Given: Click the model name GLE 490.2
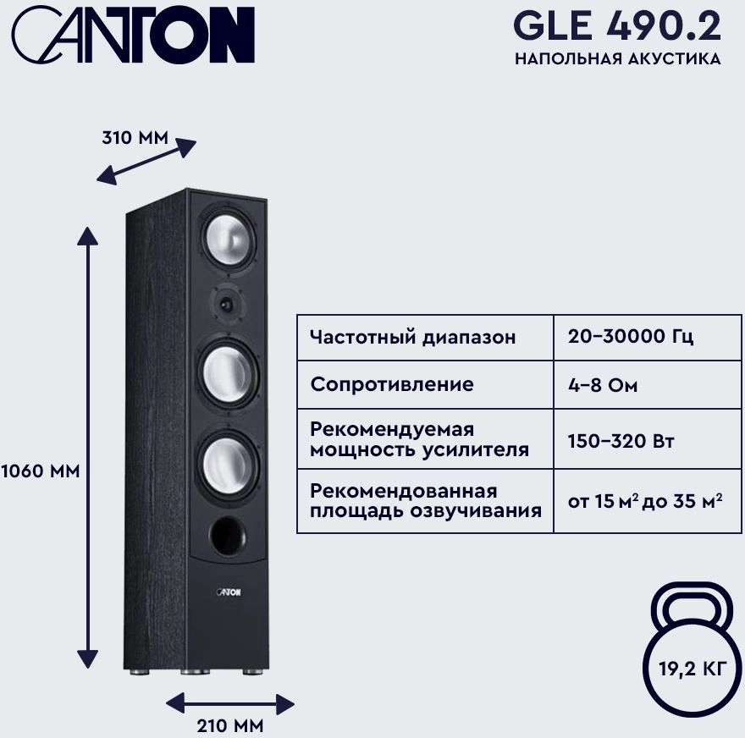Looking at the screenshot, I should pyautogui.click(x=617, y=28).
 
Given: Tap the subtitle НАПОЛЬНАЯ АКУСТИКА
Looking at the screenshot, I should pyautogui.click(x=617, y=59).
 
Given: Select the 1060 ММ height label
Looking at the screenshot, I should pyautogui.click(x=40, y=471).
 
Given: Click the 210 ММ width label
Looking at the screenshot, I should pyautogui.click(x=229, y=725).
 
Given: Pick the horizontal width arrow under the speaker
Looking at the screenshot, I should pyautogui.click(x=229, y=702).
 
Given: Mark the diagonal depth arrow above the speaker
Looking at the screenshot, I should pyautogui.click(x=146, y=162).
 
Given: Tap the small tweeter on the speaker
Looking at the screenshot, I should pyautogui.click(x=227, y=301).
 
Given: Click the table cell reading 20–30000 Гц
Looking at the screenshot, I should pyautogui.click(x=631, y=337).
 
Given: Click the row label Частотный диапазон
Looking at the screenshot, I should pyautogui.click(x=412, y=337).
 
